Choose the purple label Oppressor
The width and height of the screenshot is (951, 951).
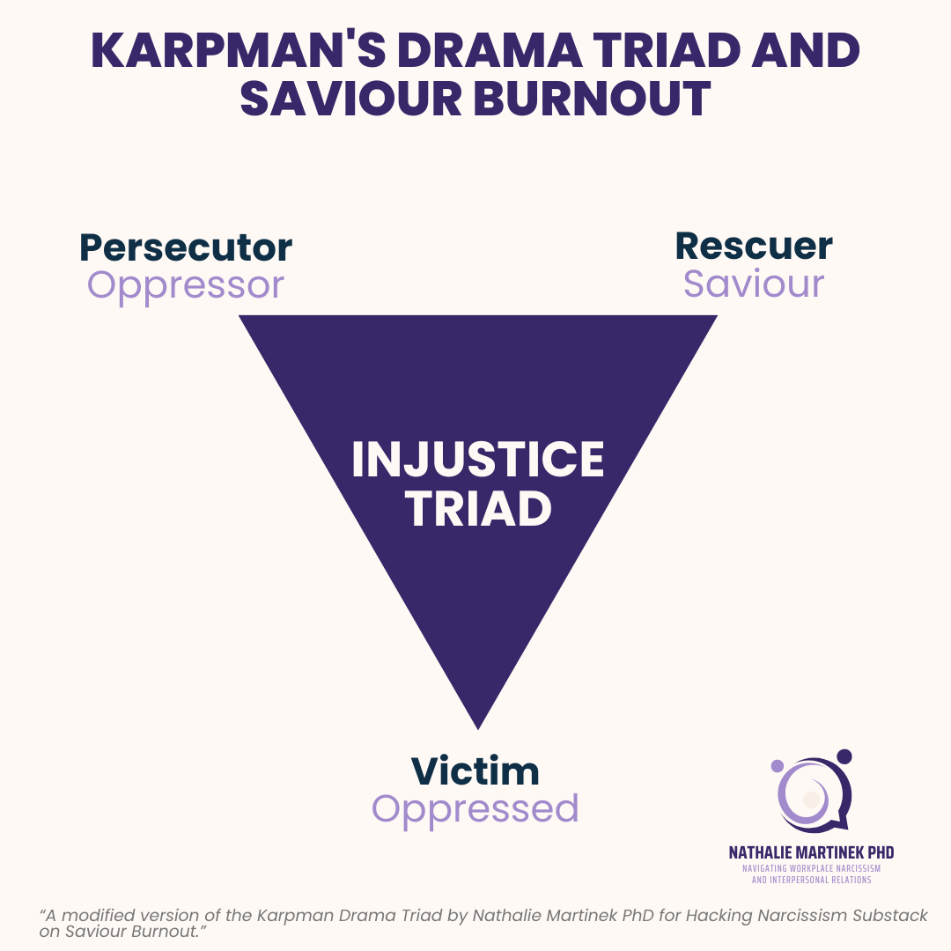pyautogui.click(x=186, y=284)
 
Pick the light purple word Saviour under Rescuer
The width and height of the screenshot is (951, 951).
pyautogui.click(x=754, y=284)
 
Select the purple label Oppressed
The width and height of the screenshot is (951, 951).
pyautogui.click(x=475, y=808)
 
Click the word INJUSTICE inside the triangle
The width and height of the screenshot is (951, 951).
pyautogui.click(x=477, y=461)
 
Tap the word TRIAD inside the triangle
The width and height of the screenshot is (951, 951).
pyautogui.click(x=477, y=509)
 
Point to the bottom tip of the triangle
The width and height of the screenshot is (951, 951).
pyautogui.click(x=477, y=726)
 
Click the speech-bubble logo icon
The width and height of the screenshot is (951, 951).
pyautogui.click(x=811, y=793)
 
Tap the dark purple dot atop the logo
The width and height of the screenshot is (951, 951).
pyautogui.click(x=844, y=756)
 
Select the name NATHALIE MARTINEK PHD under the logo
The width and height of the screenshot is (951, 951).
pyautogui.click(x=811, y=852)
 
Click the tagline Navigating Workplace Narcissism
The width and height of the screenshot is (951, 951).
pyautogui.click(x=811, y=868)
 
